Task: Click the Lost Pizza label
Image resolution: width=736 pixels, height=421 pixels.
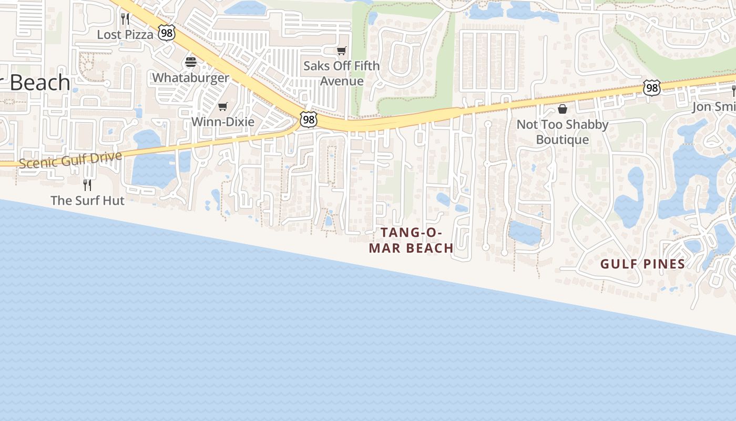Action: click(125, 35)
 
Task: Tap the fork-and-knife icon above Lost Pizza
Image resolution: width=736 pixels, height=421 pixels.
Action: click(125, 19)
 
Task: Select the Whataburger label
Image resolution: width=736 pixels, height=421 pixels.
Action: click(190, 78)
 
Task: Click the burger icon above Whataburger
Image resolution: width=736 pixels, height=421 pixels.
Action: click(190, 62)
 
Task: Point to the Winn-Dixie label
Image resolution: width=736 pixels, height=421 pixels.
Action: click(222, 122)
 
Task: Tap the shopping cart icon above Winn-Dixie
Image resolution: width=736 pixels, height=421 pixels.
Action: click(222, 107)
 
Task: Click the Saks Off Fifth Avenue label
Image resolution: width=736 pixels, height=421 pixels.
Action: click(342, 74)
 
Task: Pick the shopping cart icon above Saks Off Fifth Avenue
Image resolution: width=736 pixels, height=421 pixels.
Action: click(342, 51)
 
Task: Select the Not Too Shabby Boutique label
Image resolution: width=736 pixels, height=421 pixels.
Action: click(562, 132)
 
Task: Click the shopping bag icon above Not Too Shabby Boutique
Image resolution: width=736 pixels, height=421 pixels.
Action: click(562, 109)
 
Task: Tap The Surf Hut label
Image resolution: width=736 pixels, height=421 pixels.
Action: click(87, 201)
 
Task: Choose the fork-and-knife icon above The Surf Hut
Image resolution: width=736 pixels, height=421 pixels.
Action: click(87, 185)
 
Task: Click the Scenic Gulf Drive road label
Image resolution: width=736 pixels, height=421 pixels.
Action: click(70, 159)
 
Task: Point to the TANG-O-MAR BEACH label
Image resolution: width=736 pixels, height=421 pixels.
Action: click(411, 240)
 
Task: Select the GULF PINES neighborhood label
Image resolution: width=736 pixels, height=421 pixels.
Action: click(642, 264)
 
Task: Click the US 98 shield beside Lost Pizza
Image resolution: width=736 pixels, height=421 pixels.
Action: click(166, 34)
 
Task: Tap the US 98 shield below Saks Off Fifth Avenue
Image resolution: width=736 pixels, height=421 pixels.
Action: click(309, 120)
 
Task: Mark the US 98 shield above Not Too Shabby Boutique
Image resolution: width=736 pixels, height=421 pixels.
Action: click(652, 88)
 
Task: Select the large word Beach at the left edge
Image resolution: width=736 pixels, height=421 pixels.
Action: click(37, 83)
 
